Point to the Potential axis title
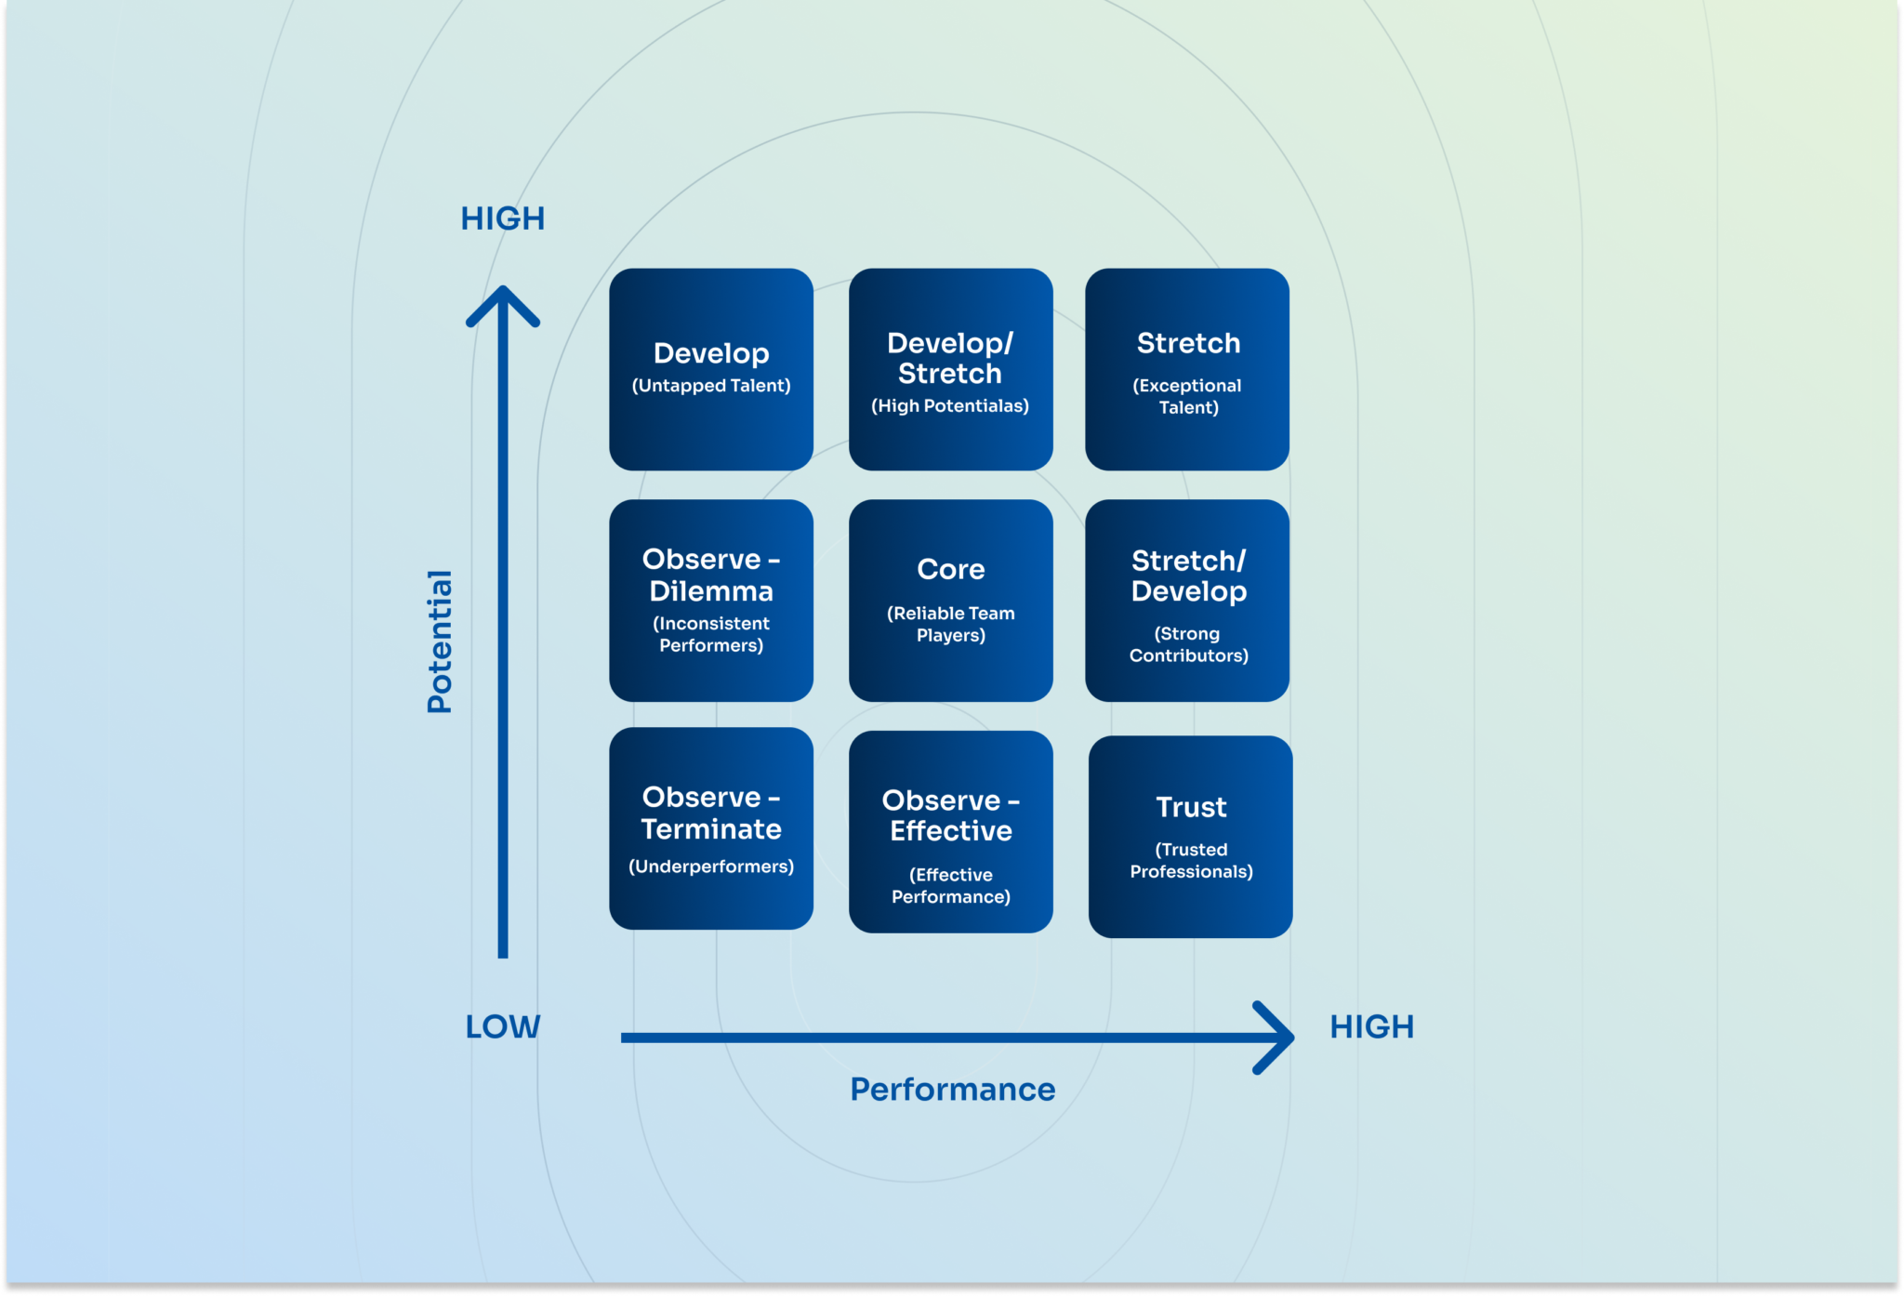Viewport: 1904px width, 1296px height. tap(439, 641)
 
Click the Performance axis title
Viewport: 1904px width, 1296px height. tap(953, 1089)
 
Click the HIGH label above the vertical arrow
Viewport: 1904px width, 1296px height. tap(503, 218)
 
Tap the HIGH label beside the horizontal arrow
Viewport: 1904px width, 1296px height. tap(1371, 1026)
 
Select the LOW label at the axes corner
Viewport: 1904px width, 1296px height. tap(503, 1026)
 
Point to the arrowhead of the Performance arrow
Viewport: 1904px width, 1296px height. tap(1276, 1038)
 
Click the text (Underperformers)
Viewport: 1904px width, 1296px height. tap(711, 866)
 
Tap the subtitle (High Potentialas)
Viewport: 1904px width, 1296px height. tap(950, 405)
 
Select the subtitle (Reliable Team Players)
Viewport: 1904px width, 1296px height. tap(950, 624)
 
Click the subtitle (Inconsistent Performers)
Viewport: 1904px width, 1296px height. tap(711, 634)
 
